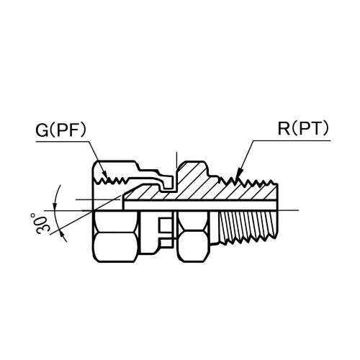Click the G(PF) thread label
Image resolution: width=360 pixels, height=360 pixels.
[60, 131]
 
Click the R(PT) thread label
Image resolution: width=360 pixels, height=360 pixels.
[302, 130]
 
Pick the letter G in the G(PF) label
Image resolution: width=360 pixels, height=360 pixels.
[41, 131]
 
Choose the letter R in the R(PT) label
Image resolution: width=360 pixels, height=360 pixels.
[284, 130]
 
